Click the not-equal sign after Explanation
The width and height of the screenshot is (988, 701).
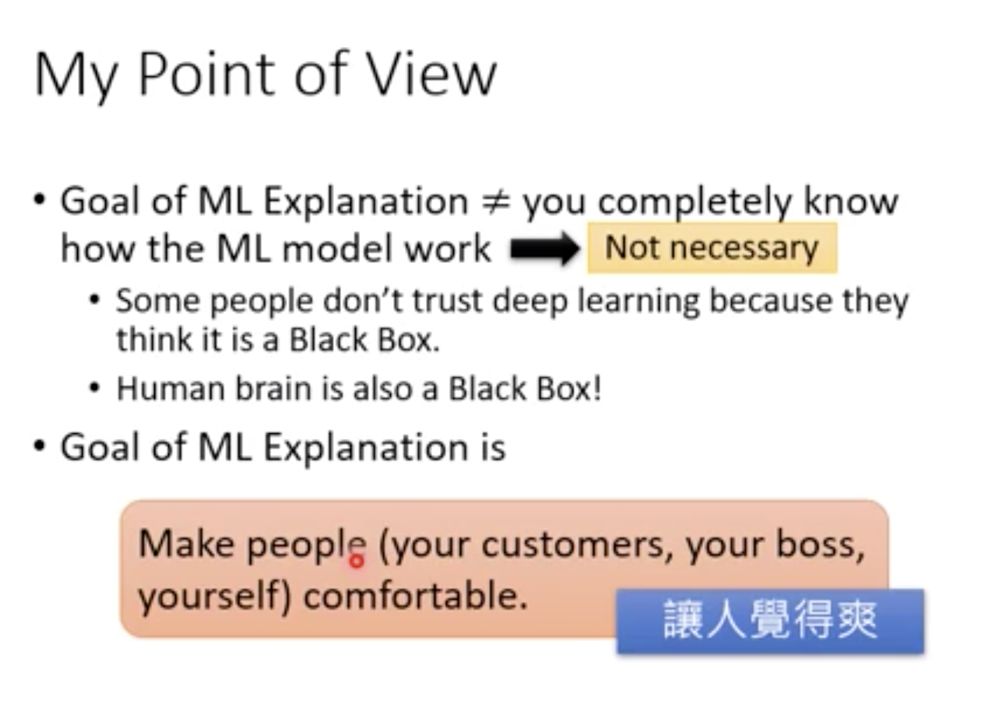click(x=495, y=202)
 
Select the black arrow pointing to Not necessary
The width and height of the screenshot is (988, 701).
click(x=545, y=250)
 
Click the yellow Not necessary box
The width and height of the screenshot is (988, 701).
click(x=712, y=248)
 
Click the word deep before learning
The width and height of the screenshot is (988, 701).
click(x=531, y=302)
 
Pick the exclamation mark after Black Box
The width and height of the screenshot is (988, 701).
click(x=597, y=388)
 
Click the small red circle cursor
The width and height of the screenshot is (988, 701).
click(x=356, y=560)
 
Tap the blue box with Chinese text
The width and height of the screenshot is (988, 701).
click(x=770, y=621)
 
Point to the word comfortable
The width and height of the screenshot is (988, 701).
click(x=415, y=597)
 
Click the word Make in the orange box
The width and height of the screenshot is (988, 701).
click(x=185, y=544)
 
